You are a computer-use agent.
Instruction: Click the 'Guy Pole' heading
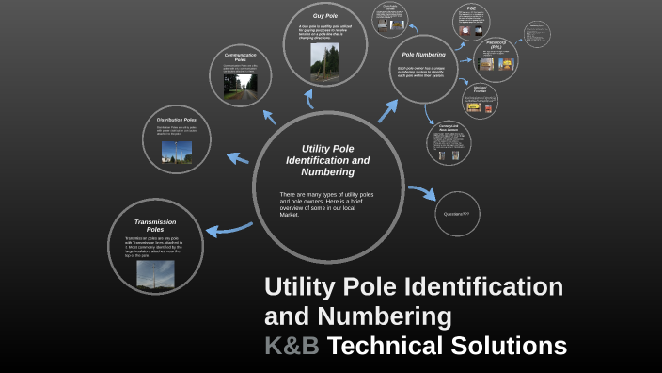point(325,17)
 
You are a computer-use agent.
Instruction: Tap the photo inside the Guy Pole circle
point(324,59)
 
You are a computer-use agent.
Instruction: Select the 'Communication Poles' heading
point(241,58)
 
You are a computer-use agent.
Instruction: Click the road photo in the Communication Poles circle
point(240,88)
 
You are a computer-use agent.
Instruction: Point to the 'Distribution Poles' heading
point(176,121)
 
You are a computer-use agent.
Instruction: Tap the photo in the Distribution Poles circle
point(176,154)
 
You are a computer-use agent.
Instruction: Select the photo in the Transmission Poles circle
point(154,272)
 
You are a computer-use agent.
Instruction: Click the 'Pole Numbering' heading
point(423,55)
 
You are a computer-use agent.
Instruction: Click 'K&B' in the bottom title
point(292,346)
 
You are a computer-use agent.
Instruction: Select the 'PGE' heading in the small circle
point(472,8)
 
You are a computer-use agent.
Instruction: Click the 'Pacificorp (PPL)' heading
point(496,43)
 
